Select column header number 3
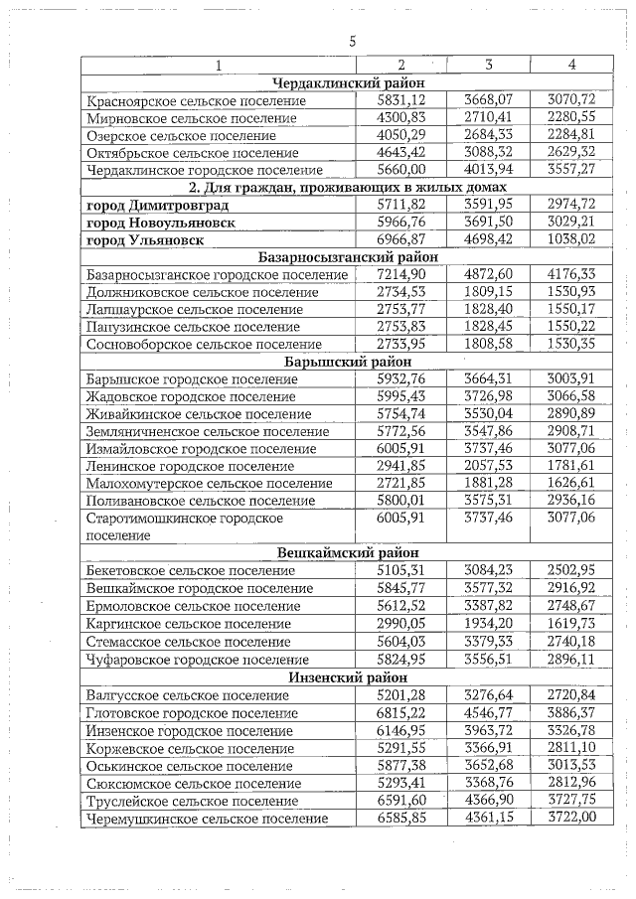point(488,65)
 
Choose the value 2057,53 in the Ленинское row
point(488,466)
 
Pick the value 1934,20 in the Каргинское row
point(488,623)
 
